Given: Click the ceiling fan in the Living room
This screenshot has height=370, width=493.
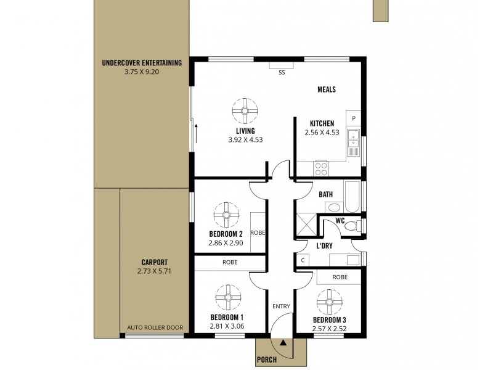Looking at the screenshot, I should point(245,112).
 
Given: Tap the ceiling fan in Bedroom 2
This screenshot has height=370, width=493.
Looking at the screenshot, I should point(224,215).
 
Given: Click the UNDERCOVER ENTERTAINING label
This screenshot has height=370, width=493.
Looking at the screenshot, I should point(142,62).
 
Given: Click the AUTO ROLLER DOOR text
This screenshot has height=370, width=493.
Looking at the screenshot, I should point(155,327).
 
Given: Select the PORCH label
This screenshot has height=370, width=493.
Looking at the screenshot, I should point(267,360).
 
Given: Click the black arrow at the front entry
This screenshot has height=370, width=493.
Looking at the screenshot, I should point(283,342).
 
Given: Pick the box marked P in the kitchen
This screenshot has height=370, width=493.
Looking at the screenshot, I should point(354,118).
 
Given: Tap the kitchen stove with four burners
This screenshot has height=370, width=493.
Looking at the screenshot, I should point(321,166).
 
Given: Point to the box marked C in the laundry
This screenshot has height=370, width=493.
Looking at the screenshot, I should point(302,260).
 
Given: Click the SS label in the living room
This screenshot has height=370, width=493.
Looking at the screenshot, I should point(282,72).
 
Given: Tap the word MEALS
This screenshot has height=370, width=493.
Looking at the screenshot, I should point(326,89).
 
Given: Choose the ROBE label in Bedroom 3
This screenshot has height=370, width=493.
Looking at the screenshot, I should point(339,277).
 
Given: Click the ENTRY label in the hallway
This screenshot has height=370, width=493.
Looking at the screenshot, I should point(281,306).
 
